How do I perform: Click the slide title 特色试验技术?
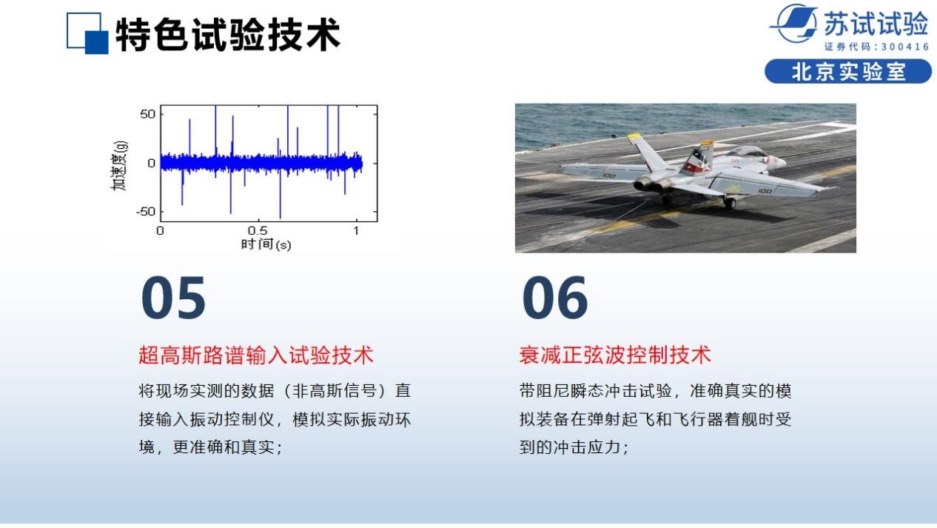click(227, 34)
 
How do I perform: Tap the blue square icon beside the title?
click(87, 33)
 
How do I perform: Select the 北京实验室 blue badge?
click(848, 72)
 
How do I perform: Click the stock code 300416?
click(905, 47)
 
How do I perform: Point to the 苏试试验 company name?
click(876, 24)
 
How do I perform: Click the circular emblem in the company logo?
click(794, 24)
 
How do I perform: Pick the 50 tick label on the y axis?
click(148, 114)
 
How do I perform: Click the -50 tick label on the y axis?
click(146, 212)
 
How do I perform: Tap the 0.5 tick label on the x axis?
click(258, 230)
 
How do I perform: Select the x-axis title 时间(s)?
click(266, 244)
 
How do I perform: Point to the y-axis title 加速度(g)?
click(119, 166)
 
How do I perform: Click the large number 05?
click(173, 297)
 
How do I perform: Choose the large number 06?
click(555, 297)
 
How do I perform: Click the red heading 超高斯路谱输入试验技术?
click(256, 355)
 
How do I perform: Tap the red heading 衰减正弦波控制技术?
click(615, 355)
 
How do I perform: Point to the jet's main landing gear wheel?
click(730, 203)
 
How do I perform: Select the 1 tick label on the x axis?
click(356, 230)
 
